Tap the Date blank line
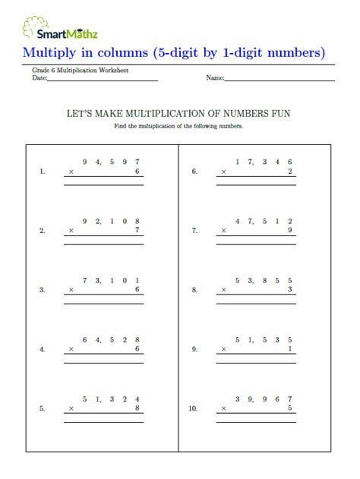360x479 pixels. click(103, 79)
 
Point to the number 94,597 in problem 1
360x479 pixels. click(112, 161)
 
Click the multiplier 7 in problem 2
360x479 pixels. click(137, 231)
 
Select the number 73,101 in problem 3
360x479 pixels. click(112, 280)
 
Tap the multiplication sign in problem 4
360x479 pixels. click(71, 350)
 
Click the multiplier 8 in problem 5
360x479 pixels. click(137, 408)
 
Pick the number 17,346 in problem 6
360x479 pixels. click(264, 161)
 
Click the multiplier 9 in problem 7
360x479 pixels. click(290, 231)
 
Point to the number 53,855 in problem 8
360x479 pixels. click(264, 280)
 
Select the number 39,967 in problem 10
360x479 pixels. click(264, 399)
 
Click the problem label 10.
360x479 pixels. click(193, 408)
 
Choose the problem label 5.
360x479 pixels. click(42, 408)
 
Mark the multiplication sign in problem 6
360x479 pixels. click(223, 172)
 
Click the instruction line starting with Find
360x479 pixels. click(178, 125)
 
